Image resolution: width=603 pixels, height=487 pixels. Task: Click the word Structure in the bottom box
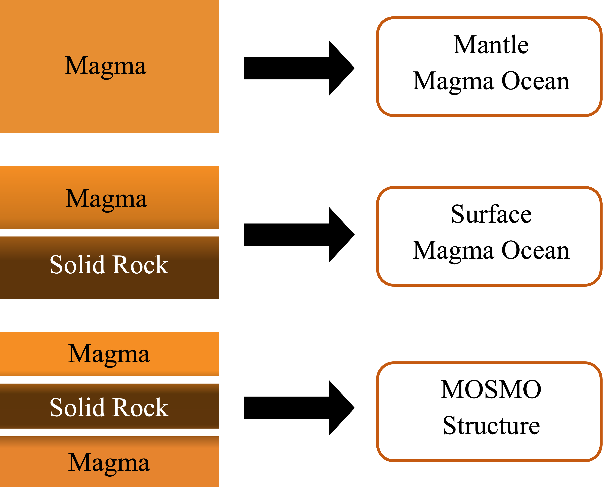point(491,426)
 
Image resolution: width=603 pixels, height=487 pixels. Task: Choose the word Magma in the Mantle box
point(453,82)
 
